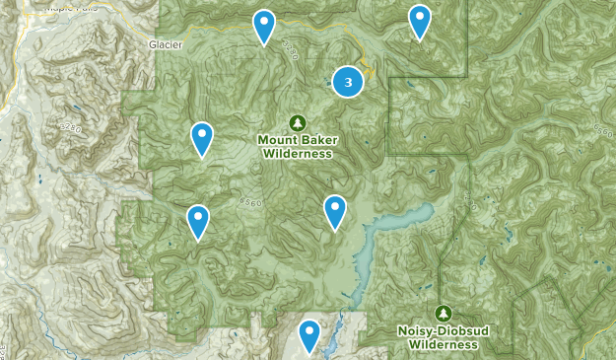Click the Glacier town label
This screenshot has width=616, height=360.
[167, 44]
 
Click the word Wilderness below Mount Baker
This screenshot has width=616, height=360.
[297, 153]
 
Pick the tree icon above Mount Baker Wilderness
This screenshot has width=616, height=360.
[297, 121]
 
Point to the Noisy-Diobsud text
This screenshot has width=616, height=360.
[444, 331]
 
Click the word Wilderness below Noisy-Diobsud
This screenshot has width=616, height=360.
[444, 345]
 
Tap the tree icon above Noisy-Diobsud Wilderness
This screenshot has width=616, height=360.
[444, 313]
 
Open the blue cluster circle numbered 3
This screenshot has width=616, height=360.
[347, 81]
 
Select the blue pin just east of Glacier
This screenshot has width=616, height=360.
[263, 27]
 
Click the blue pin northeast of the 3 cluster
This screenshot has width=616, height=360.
[420, 22]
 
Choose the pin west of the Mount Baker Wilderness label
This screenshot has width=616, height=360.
[201, 139]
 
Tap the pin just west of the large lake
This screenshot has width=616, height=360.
[335, 212]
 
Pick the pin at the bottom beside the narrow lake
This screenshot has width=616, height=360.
[309, 336]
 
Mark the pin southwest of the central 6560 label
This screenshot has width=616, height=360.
[198, 222]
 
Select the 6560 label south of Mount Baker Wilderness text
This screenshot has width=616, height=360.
[250, 200]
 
